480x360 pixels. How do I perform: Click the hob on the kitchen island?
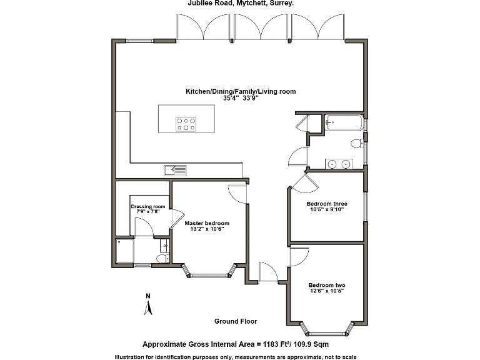point(186,124)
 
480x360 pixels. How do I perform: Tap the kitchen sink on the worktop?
point(175,169)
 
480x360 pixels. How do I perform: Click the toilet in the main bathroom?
point(356,144)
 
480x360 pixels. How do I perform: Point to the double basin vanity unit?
point(339,164)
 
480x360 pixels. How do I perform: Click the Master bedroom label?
point(207,223)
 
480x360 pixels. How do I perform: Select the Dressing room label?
point(148,206)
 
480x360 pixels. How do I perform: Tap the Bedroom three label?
point(326,204)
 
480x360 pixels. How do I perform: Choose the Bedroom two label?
point(326,285)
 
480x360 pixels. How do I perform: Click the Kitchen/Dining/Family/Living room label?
point(241,91)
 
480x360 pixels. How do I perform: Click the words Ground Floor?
point(236,321)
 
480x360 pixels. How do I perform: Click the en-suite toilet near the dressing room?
point(161,259)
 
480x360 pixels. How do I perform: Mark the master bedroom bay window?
point(209,272)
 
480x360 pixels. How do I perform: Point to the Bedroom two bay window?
point(327,328)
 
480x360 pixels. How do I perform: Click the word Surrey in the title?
point(282,3)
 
